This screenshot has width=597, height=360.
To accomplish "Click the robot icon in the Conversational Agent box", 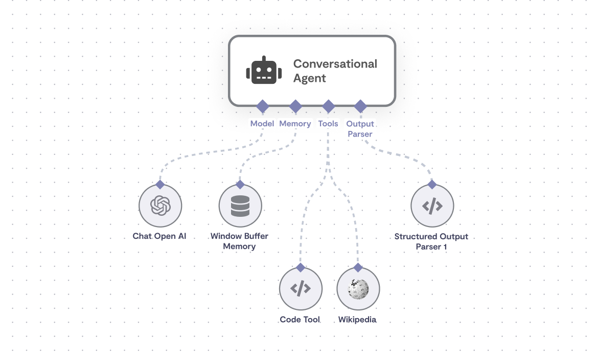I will (264, 71).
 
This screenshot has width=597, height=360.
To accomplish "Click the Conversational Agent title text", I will (335, 71).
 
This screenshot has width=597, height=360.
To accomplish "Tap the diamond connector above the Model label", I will (263, 106).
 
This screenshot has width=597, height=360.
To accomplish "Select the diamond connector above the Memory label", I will (295, 106).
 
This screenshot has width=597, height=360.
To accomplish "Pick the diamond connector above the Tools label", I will (328, 106).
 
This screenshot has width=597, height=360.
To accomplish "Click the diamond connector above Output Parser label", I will (360, 106).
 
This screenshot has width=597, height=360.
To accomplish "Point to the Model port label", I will (262, 124).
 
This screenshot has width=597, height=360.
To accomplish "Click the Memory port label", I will (295, 124).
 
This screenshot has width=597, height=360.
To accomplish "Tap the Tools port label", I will (328, 124).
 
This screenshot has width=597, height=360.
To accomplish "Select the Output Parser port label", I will (360, 129).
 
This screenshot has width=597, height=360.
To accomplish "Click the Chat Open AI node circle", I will (160, 206).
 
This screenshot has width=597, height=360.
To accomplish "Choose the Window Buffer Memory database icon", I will (240, 206).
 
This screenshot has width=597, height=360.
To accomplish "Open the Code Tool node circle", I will (301, 289).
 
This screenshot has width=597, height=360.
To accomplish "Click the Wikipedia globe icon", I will (358, 289).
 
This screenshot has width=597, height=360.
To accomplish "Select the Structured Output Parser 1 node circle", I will (432, 206).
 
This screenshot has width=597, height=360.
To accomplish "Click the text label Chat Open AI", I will (159, 236).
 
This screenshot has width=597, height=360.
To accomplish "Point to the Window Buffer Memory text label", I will (239, 241).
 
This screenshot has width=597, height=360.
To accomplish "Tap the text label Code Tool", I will (300, 320).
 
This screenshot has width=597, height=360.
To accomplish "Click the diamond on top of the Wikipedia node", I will (358, 267).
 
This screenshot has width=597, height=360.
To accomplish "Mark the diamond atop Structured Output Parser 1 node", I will (432, 184).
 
